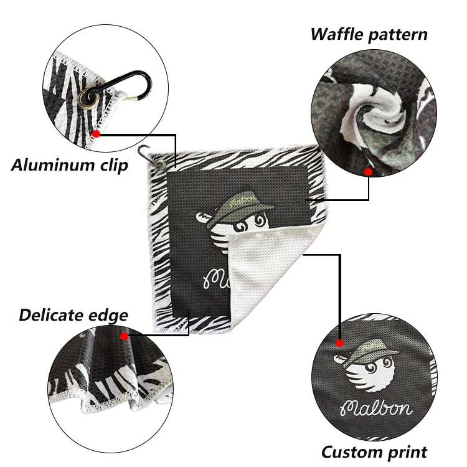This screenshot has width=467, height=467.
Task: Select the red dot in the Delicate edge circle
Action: pos(125,336)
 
